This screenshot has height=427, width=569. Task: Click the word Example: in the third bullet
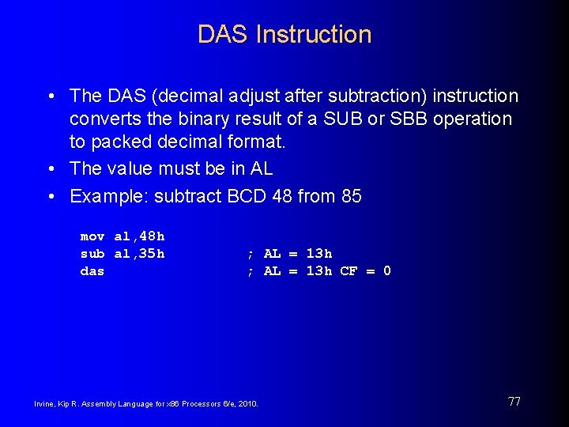tap(104, 196)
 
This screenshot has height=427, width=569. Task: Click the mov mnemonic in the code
tap(92, 236)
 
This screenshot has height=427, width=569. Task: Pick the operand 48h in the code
tap(150, 236)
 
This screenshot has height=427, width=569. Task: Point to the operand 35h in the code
tap(150, 254)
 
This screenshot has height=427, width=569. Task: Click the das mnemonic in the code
tap(92, 271)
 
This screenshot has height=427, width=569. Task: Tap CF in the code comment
tap(349, 271)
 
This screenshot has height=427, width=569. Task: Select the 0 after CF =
tap(386, 271)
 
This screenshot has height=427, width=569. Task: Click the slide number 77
tap(514, 402)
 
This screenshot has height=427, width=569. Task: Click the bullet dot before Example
tap(50, 196)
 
